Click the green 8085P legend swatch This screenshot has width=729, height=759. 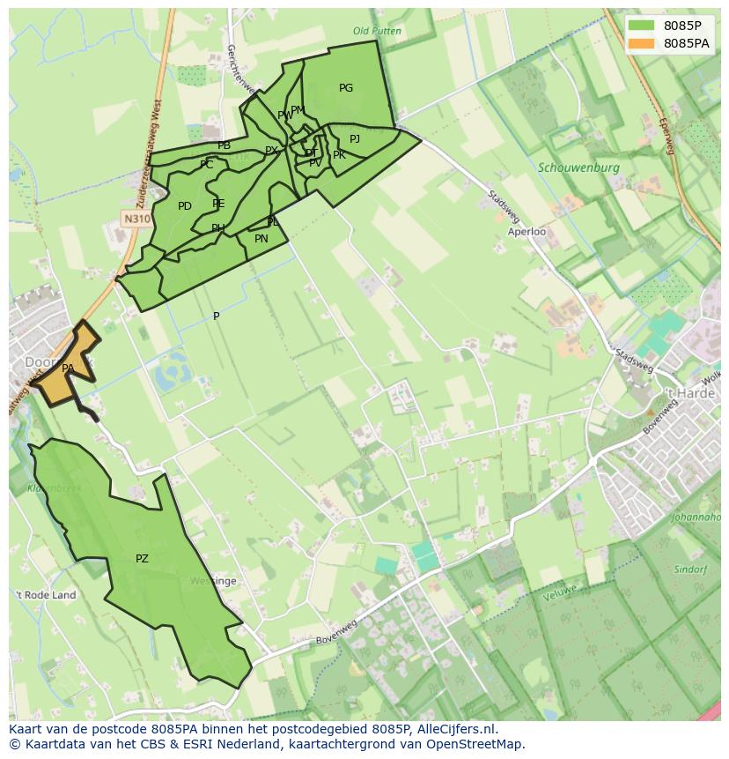click(643, 26)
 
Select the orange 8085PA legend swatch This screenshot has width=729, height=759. click(643, 43)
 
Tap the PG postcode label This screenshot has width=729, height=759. click(346, 88)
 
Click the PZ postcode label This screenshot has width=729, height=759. click(142, 559)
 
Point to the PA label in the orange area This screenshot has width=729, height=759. click(68, 368)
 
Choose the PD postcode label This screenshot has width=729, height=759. click(185, 206)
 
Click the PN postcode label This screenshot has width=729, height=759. click(261, 239)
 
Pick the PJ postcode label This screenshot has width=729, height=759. click(355, 139)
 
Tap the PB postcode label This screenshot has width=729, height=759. click(225, 145)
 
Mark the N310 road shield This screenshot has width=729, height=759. click(136, 219)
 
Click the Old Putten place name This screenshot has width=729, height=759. click(377, 32)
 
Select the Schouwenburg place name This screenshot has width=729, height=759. click(578, 167)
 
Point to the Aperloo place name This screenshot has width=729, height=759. click(526, 232)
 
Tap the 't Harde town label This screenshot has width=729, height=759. click(689, 393)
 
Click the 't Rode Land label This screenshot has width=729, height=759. click(46, 595)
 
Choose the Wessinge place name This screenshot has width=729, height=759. click(213, 582)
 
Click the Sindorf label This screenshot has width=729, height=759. click(690, 569)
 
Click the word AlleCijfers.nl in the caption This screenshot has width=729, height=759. click(453, 729)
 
